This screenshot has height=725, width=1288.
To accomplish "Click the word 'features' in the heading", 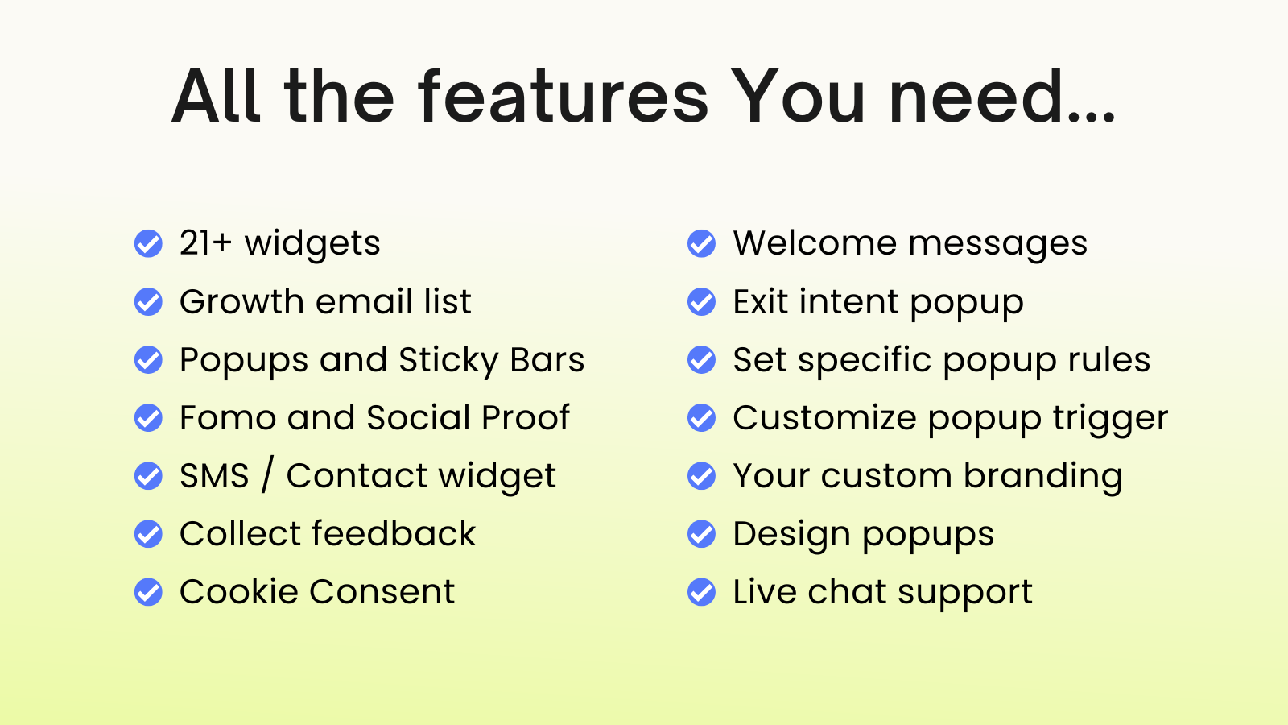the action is tap(563, 96).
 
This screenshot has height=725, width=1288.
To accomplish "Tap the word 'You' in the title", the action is tap(799, 96).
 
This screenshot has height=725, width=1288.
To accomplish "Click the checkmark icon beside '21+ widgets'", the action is tap(148, 243).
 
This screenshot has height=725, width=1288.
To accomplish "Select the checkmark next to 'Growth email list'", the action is tap(148, 301).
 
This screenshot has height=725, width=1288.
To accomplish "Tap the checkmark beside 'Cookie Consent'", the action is tap(148, 592).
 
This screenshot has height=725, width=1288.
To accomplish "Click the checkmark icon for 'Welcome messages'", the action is tap(701, 243).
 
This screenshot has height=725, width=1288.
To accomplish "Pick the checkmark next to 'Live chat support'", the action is tap(701, 592).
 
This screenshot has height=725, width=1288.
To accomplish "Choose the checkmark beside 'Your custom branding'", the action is tap(701, 476).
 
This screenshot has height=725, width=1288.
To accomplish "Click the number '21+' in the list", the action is tap(205, 242).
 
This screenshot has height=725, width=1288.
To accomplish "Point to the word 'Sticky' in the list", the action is tap(448, 362).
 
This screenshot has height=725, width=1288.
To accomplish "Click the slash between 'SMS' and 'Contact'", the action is tap(266, 476).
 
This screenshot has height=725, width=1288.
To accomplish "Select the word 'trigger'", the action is tap(1110, 420).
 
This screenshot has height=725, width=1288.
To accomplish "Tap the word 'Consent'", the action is tap(382, 591).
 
